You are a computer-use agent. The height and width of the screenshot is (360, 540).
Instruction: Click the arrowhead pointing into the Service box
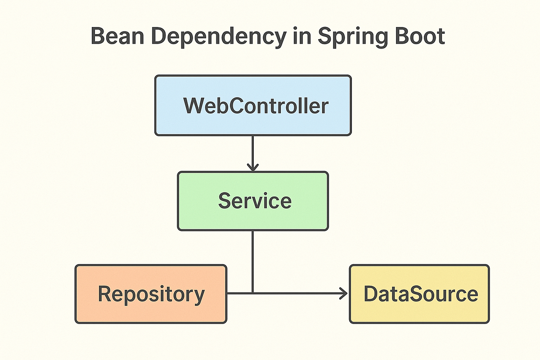click(253, 167)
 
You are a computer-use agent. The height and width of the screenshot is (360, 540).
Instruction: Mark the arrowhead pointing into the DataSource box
click(344, 293)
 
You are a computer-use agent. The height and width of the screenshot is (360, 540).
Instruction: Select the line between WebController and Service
click(253, 151)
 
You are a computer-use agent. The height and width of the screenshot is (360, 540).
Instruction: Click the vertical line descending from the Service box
click(253, 261)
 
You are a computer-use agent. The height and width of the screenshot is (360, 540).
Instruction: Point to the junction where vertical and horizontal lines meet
click(253, 293)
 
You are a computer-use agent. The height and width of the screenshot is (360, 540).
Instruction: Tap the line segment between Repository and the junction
click(240, 293)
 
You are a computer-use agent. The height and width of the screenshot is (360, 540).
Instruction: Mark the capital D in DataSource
click(370, 294)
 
